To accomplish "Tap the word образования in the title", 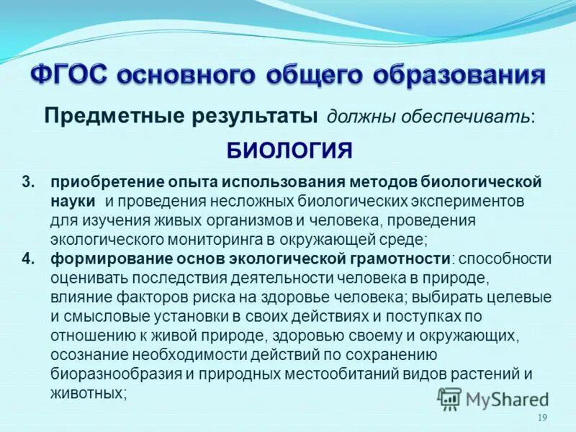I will coord(452,76).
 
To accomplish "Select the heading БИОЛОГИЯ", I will coord(289,150).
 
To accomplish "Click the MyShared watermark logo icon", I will coord(450,397).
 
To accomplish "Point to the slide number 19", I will coord(543,419).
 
